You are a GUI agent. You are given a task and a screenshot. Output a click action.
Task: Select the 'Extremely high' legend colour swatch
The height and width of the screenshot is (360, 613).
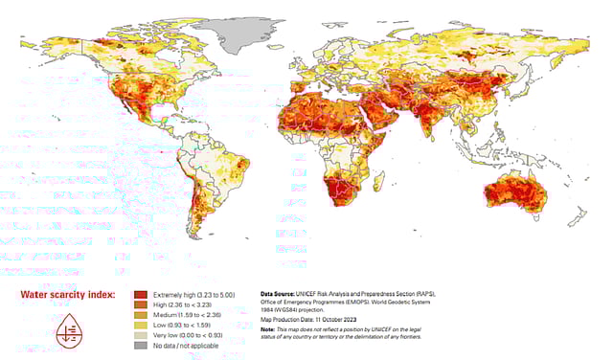141,295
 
